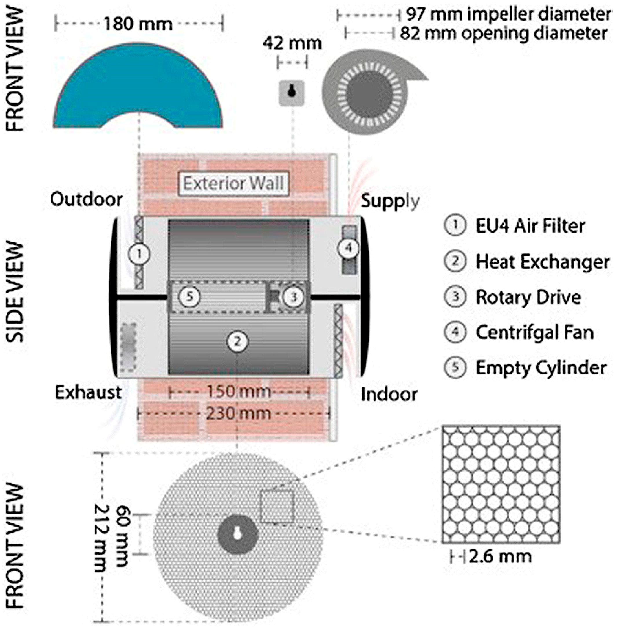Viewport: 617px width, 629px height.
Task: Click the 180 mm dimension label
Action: (138, 24)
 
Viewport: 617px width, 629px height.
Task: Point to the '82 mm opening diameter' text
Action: (503, 33)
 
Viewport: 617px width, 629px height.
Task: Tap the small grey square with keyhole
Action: (292, 93)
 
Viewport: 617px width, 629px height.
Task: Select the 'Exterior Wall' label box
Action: (233, 184)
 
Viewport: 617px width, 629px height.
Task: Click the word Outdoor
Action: (86, 199)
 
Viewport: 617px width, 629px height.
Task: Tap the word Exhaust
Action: (88, 393)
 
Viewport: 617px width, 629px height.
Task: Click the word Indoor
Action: (389, 395)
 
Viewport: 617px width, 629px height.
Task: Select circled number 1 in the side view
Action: (139, 254)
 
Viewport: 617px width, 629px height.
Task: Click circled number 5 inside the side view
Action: (190, 296)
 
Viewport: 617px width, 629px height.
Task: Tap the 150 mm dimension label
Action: (238, 391)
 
